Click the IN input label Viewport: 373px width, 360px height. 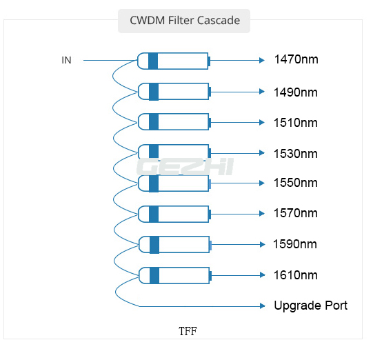pyautogui.click(x=66, y=60)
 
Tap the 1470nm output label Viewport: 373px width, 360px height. pyautogui.click(x=296, y=59)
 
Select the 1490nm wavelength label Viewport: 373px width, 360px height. pyautogui.click(x=296, y=92)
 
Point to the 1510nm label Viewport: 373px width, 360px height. pyautogui.click(x=296, y=123)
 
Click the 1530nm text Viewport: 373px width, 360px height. pyautogui.click(x=296, y=154)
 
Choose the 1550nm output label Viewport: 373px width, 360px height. pyautogui.click(x=296, y=183)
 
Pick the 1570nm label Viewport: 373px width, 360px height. pyautogui.click(x=296, y=213)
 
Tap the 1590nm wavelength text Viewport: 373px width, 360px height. pyautogui.click(x=295, y=244)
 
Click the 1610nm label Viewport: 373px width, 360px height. pyautogui.click(x=296, y=275)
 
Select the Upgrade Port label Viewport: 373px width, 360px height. pyautogui.click(x=311, y=306)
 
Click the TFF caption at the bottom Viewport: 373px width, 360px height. pyautogui.click(x=188, y=331)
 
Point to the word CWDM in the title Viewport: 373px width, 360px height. pyautogui.click(x=148, y=21)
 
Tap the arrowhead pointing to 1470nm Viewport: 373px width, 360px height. pyautogui.click(x=262, y=61)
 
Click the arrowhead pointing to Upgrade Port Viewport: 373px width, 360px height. pyautogui.click(x=263, y=306)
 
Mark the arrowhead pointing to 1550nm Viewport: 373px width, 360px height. pyautogui.click(x=262, y=183)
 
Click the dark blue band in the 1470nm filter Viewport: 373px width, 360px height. pyautogui.click(x=153, y=61)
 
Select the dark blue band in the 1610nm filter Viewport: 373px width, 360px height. pyautogui.click(x=154, y=276)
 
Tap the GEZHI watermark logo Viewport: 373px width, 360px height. pyautogui.click(x=185, y=167)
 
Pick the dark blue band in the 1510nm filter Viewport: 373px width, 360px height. pyautogui.click(x=154, y=122)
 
